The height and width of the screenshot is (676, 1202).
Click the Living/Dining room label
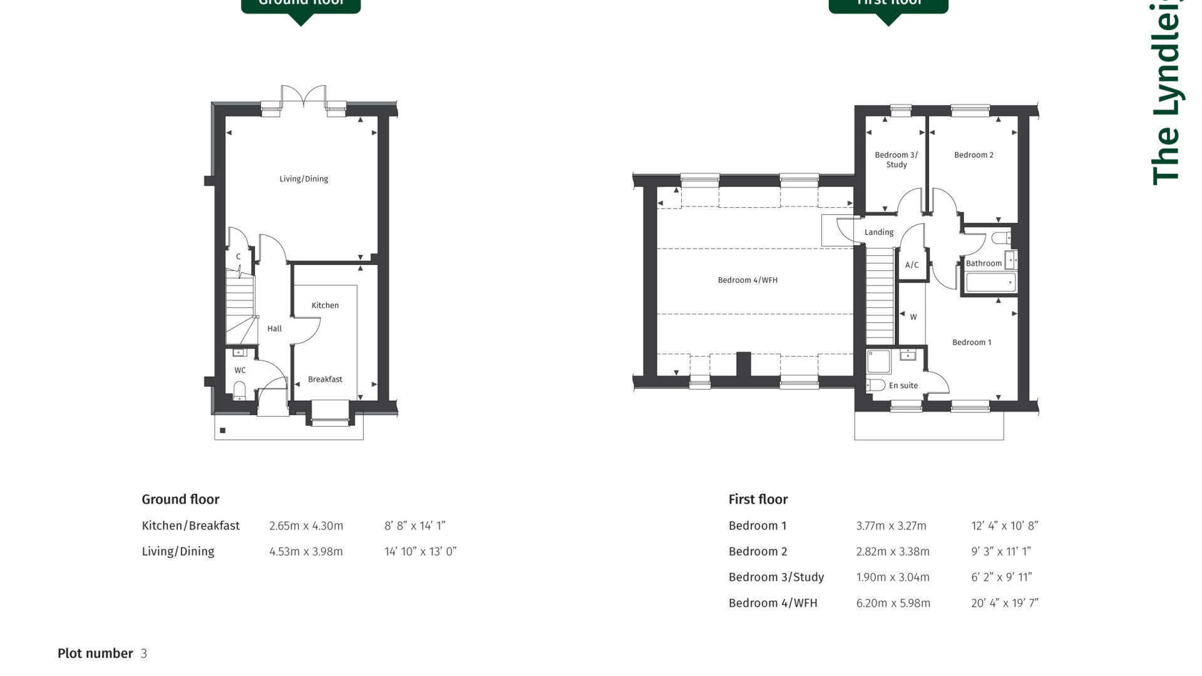coord(304,179)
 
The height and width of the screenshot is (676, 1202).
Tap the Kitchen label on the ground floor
coord(325,305)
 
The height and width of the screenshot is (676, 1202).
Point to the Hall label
coord(274,329)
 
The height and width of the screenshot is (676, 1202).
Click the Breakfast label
coord(325,379)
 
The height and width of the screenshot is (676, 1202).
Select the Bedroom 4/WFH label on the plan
coord(747,280)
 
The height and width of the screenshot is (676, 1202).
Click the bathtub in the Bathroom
coord(990,283)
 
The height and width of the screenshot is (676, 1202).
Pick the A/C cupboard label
coord(912,265)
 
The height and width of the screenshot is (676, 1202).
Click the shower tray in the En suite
coord(878,362)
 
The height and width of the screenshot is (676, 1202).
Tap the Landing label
coord(879,232)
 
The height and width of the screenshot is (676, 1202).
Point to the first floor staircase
coord(880,294)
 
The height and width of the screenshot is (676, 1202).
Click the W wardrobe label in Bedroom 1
coord(913,317)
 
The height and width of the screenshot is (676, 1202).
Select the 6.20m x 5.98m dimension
coord(893,603)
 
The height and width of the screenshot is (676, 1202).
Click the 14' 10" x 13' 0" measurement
coord(420,552)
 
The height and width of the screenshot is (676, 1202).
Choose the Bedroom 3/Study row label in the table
coord(776,578)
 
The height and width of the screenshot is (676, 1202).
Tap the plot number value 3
coord(144,654)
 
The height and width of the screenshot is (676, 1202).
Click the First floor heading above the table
coord(758,499)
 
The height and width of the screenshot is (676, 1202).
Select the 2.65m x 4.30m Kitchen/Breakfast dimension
coord(306,526)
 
